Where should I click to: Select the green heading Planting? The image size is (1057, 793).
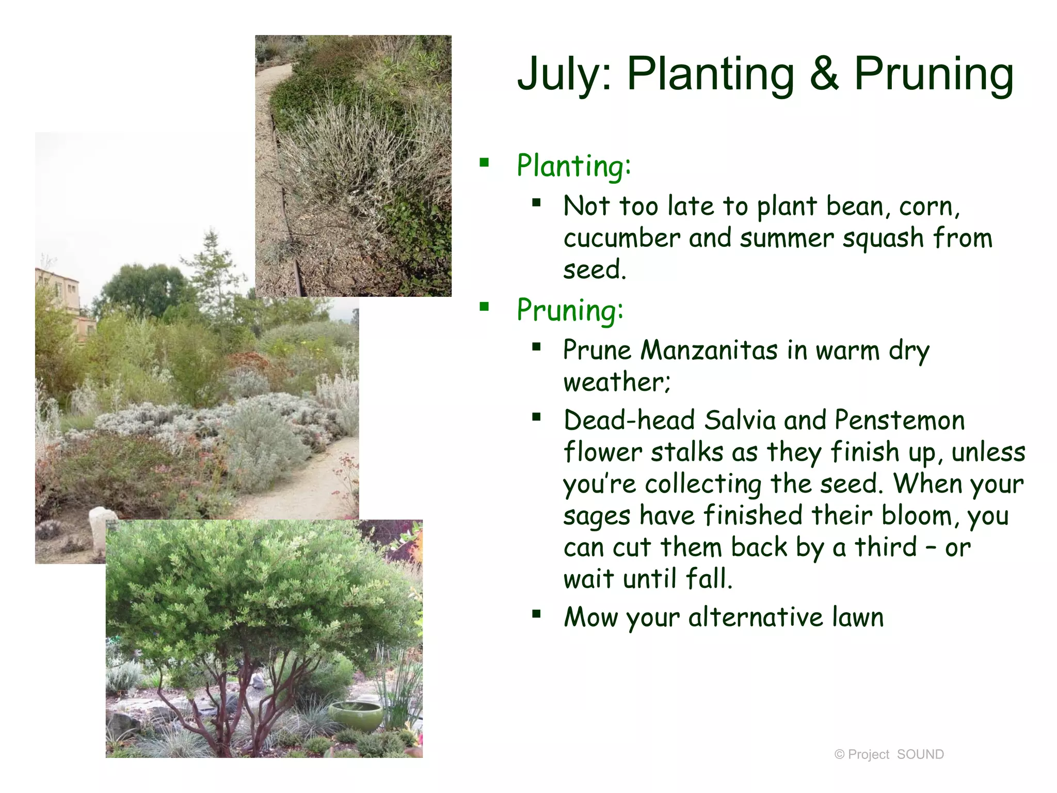pos(573,166)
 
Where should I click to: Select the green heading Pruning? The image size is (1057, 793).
pos(570,310)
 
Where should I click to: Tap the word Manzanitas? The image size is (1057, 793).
pos(709,351)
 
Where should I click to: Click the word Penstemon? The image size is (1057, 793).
pos(899,420)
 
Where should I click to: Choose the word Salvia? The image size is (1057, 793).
pos(740,420)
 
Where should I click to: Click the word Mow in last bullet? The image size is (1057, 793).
pos(590,617)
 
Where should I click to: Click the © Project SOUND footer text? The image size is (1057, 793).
pos(889,754)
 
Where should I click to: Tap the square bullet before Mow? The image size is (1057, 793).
pos(536,614)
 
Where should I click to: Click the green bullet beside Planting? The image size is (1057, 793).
pos(484,163)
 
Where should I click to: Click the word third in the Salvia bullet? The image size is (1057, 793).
pos(886,547)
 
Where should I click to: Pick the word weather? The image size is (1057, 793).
pos(616,383)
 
